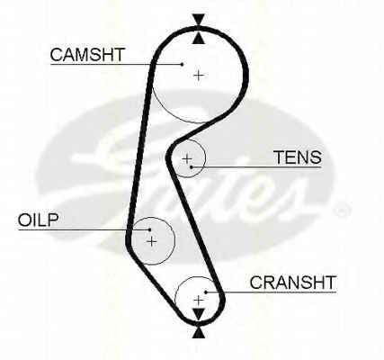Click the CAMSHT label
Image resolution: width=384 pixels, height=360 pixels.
click(x=87, y=55)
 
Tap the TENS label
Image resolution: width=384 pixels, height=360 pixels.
click(x=298, y=157)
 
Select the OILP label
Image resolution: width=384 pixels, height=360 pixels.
click(x=38, y=220)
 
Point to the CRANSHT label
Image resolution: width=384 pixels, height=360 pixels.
click(x=293, y=283)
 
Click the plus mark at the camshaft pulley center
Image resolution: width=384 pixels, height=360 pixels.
click(x=199, y=75)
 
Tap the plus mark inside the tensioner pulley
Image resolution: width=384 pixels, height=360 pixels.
click(x=187, y=158)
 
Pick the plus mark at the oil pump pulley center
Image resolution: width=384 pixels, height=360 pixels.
click(x=152, y=241)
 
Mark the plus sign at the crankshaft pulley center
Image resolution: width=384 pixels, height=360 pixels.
click(x=199, y=300)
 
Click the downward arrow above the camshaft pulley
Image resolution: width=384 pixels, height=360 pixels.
click(x=199, y=20)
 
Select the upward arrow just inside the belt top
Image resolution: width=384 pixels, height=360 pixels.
click(x=199, y=38)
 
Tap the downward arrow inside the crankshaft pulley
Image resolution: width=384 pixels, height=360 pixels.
click(x=198, y=314)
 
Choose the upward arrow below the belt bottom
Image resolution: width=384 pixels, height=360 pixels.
click(x=199, y=332)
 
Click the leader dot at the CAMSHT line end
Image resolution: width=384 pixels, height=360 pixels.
click(x=182, y=64)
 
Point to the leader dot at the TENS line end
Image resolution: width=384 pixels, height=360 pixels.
click(x=191, y=166)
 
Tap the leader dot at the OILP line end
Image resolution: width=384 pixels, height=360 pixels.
click(x=149, y=229)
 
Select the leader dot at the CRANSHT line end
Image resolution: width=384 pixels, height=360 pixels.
click(x=206, y=292)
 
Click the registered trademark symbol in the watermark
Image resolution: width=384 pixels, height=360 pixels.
click(x=343, y=210)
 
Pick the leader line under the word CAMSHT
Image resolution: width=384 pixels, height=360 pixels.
click(x=116, y=64)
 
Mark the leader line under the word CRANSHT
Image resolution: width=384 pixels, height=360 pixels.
click(x=271, y=292)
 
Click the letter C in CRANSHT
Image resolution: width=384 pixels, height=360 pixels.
click(x=256, y=283)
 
